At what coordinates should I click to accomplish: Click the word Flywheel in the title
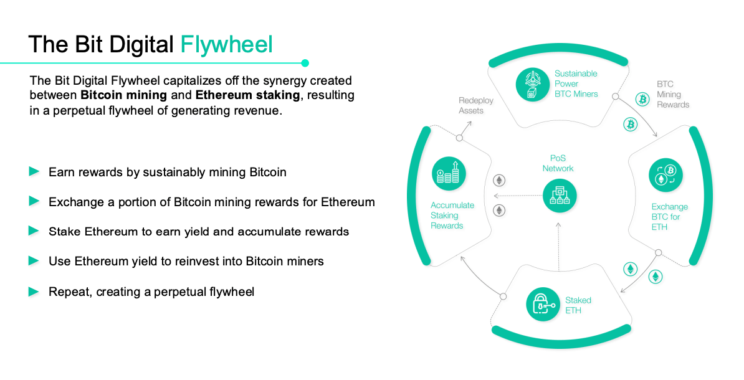tap(226, 45)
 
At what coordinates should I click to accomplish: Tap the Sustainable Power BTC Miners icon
tap(533, 84)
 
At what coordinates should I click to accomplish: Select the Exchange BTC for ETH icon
tap(665, 174)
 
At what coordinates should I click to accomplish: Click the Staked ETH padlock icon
tap(543, 303)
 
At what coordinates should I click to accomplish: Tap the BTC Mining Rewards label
tap(672, 94)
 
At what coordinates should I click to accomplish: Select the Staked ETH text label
tap(578, 305)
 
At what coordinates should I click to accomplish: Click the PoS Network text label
tap(558, 163)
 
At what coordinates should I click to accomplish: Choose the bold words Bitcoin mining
tap(123, 95)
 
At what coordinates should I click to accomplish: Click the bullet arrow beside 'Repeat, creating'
tap(34, 291)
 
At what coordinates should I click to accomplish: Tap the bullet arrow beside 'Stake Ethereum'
tap(34, 231)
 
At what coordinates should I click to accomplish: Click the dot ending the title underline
tap(305, 63)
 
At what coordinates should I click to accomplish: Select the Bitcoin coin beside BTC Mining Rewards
tap(642, 98)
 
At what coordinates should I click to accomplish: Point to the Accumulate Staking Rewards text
tap(452, 216)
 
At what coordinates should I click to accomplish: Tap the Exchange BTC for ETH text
tap(669, 217)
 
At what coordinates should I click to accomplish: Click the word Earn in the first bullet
tap(61, 172)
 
